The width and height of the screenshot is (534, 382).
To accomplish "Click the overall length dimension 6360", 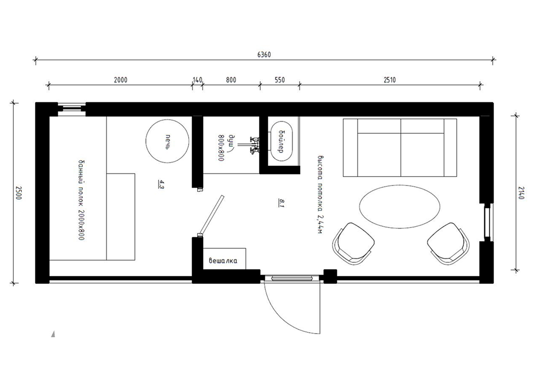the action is click(x=264, y=55).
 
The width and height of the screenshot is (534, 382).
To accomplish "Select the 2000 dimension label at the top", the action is click(x=120, y=80).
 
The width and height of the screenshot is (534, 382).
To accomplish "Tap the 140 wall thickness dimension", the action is click(x=197, y=80).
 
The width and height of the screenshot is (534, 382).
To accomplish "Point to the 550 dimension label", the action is click(x=280, y=80).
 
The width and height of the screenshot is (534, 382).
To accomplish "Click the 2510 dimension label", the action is click(x=390, y=80).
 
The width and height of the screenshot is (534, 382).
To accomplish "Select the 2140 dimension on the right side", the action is click(x=521, y=193).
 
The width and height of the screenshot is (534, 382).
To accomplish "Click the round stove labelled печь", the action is click(x=167, y=141).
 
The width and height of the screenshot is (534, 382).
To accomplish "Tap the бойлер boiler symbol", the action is click(x=282, y=142).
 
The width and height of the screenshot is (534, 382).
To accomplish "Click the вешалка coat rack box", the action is click(x=224, y=259).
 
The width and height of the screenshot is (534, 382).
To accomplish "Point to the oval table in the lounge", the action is click(x=399, y=206).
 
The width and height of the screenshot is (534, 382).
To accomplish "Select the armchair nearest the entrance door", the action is click(x=353, y=244).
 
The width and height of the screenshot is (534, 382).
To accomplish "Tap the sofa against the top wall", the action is click(x=400, y=148).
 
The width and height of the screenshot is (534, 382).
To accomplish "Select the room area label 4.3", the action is click(x=161, y=185).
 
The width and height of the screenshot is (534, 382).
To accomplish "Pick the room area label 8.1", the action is click(x=281, y=203).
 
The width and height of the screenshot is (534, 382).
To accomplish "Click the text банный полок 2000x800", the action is click(x=81, y=200).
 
